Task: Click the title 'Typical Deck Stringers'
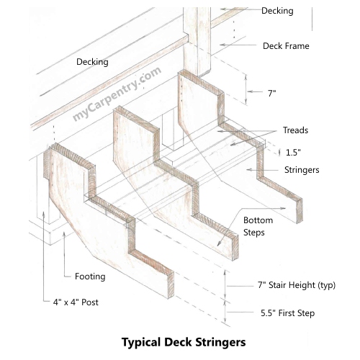click(x=184, y=342)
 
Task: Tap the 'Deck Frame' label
click(x=286, y=46)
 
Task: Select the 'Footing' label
click(x=90, y=276)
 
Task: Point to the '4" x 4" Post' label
click(x=76, y=302)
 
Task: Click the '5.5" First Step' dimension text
click(x=287, y=313)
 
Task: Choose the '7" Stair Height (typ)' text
click(x=297, y=285)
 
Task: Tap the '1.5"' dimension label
click(x=293, y=152)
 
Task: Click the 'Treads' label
click(x=295, y=130)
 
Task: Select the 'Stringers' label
click(x=302, y=170)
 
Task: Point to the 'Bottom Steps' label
click(x=258, y=226)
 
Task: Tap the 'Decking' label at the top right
click(x=277, y=11)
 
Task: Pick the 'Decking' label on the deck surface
click(x=92, y=62)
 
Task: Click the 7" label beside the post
click(x=271, y=93)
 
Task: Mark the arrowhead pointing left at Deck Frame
click(x=222, y=45)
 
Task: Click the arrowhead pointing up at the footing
click(x=64, y=235)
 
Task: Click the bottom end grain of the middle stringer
click(x=235, y=248)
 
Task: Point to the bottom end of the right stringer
click(x=300, y=211)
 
